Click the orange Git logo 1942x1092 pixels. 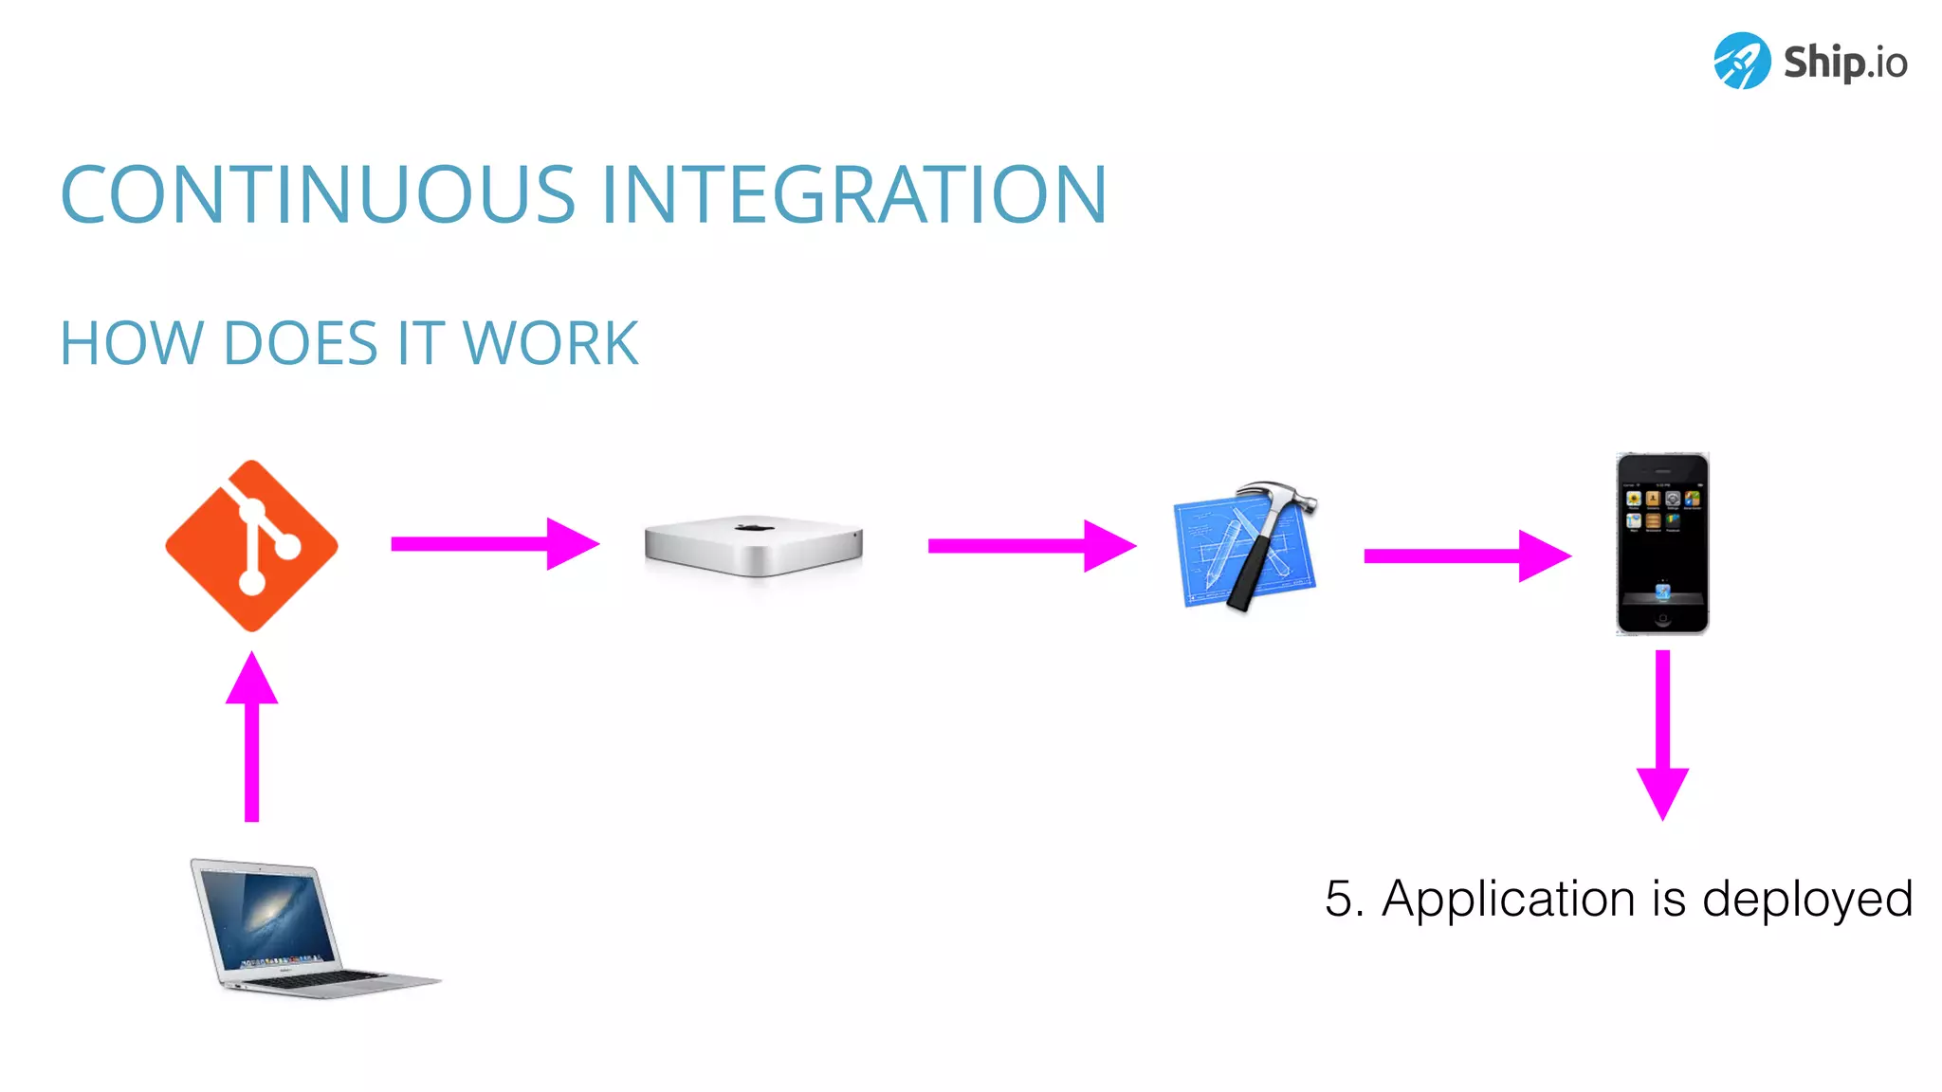pyautogui.click(x=251, y=546)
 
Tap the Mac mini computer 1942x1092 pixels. pyautogui.click(x=754, y=546)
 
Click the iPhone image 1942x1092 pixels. pyautogui.click(x=1662, y=543)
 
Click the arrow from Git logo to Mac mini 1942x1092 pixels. pyautogui.click(x=494, y=544)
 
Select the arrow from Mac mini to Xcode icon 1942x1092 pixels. pyautogui.click(x=1031, y=546)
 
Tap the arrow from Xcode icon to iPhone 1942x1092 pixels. pyautogui.click(x=1466, y=556)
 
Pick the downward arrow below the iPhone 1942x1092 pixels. pyautogui.click(x=1662, y=735)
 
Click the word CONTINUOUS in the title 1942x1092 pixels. pyautogui.click(x=318, y=195)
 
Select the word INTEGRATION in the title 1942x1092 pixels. pyautogui.click(x=853, y=195)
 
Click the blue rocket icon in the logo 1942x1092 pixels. pyautogui.click(x=1741, y=61)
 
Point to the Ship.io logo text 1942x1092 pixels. pyautogui.click(x=1844, y=63)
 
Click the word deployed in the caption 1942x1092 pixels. pyautogui.click(x=1807, y=899)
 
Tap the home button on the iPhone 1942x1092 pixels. pyautogui.click(x=1662, y=621)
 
